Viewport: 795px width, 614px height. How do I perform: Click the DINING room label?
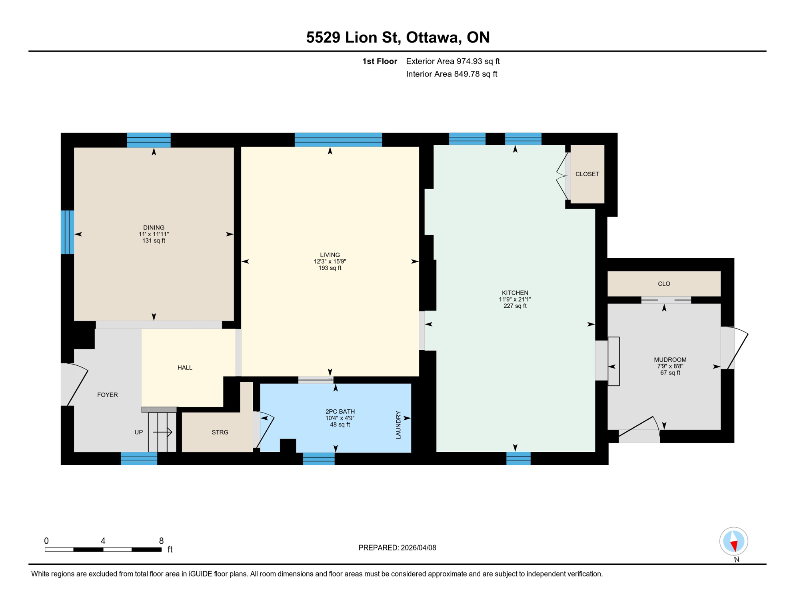pyautogui.click(x=154, y=227)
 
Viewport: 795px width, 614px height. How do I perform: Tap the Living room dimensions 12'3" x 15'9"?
pyautogui.click(x=330, y=261)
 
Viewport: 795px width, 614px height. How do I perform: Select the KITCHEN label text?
pyautogui.click(x=515, y=293)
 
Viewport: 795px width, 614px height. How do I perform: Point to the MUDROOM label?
pyautogui.click(x=670, y=359)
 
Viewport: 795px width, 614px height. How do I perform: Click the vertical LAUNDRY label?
pyautogui.click(x=398, y=425)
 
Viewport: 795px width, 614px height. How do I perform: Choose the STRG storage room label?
pyautogui.click(x=220, y=432)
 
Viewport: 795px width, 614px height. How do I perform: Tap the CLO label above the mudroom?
pyautogui.click(x=664, y=284)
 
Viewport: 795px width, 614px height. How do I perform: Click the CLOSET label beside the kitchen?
pyautogui.click(x=587, y=174)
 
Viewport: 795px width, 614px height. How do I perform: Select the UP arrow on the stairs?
pyautogui.click(x=162, y=432)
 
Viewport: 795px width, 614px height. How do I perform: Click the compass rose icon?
pyautogui.click(x=733, y=541)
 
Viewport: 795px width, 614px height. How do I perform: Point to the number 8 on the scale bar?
pyautogui.click(x=161, y=541)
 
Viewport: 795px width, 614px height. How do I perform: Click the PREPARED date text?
pyautogui.click(x=397, y=548)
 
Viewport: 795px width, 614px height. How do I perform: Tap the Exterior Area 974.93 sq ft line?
pyautogui.click(x=453, y=61)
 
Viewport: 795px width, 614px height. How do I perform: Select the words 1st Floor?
pyautogui.click(x=380, y=61)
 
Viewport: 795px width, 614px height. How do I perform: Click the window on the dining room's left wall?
pyautogui.click(x=67, y=232)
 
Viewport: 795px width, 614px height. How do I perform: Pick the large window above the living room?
pyautogui.click(x=338, y=140)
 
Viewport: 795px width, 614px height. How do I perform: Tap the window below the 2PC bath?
pyautogui.click(x=319, y=459)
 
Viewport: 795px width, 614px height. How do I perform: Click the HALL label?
pyautogui.click(x=185, y=367)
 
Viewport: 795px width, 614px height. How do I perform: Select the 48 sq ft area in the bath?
pyautogui.click(x=340, y=425)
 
